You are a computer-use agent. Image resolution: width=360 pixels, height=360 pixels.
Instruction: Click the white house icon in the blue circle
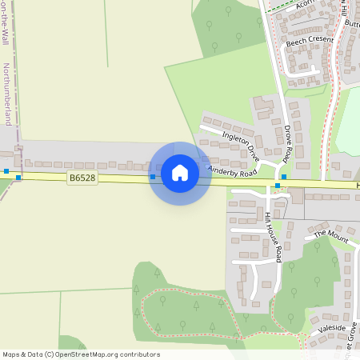coord(180,173)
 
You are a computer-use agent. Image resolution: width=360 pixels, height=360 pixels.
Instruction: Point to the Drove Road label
coord(288,142)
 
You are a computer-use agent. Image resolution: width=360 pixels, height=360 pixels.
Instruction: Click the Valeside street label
coord(332,329)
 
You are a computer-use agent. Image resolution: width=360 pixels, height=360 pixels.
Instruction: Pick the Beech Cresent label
coord(309,39)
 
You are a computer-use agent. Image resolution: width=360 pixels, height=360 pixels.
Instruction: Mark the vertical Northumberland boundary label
coord(7,94)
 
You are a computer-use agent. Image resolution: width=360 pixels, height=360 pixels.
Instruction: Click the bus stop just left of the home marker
coord(153,176)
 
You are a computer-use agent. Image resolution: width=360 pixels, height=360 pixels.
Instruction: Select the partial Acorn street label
coord(305,5)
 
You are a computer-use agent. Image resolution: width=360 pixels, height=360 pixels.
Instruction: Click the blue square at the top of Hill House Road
coord(278,186)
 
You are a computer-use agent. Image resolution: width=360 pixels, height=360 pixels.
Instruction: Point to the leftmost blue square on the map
coord(6,170)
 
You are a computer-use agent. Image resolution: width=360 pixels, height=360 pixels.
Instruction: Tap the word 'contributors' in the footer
coord(139,354)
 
